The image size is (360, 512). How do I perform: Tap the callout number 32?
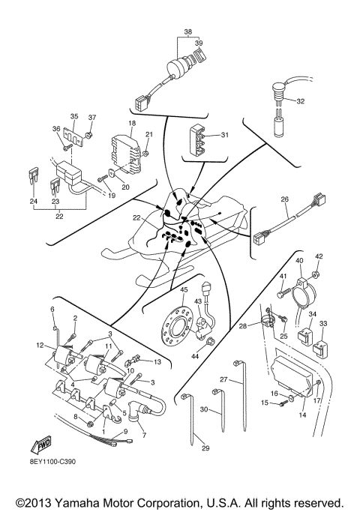[x=300, y=101]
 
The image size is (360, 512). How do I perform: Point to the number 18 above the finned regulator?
[x=131, y=123]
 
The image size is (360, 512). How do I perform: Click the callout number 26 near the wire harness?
[x=284, y=199]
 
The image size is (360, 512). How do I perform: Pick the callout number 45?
[x=183, y=289]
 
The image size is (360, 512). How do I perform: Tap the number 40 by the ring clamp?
[x=298, y=261]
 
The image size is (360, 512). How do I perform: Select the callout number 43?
[x=198, y=301]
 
